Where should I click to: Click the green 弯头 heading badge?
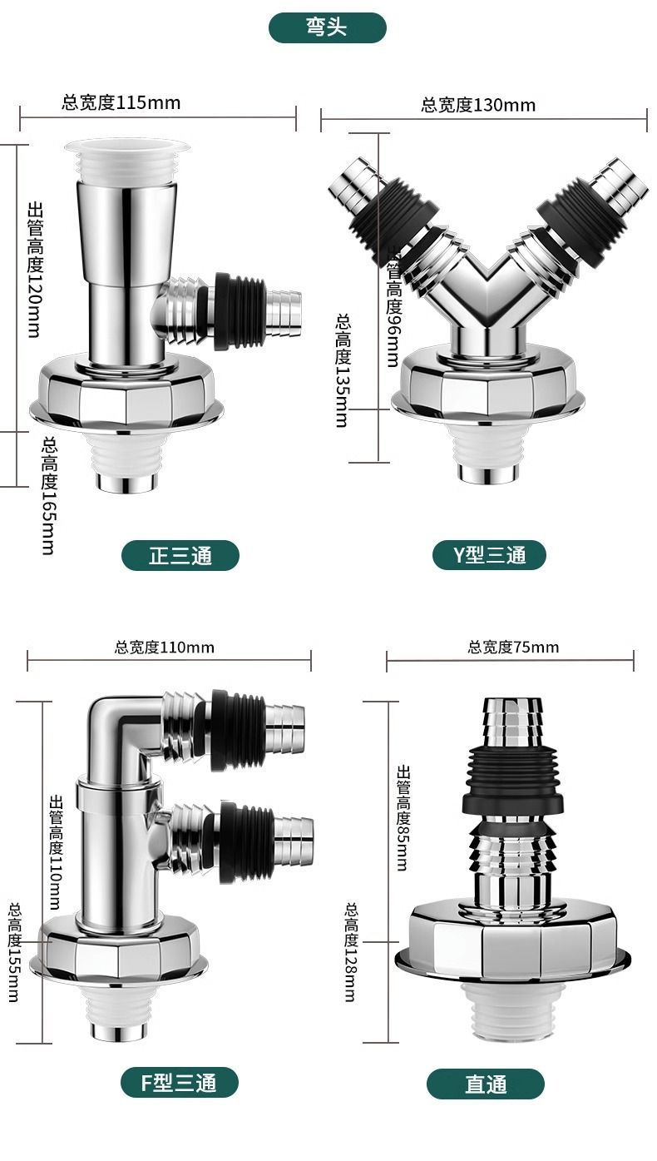coord(327,27)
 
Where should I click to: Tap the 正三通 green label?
coord(180,556)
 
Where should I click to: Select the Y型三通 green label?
coord(489,555)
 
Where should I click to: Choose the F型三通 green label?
coord(179,1082)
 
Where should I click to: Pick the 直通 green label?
coord(486,1084)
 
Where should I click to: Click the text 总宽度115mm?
coord(121,102)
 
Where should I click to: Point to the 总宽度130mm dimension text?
coord(478,105)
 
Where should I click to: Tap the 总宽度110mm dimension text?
coord(164,647)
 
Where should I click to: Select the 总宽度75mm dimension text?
coord(513,647)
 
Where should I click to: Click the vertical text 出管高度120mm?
coord(35,270)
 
